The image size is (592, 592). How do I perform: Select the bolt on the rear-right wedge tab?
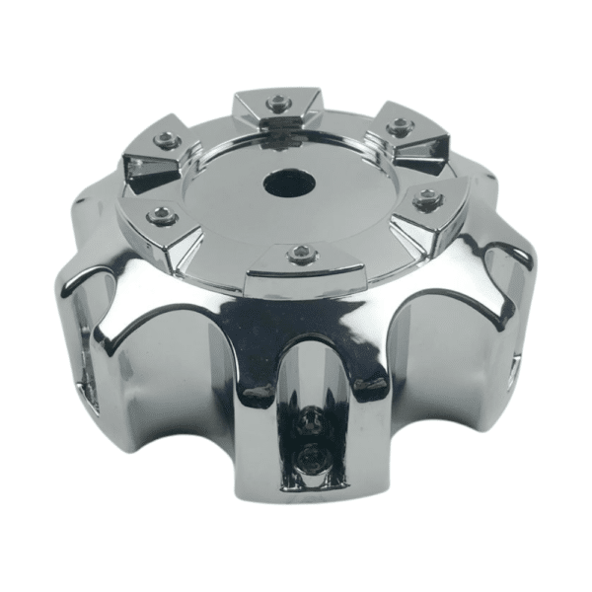[x=399, y=126]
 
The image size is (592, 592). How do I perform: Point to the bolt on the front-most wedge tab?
[x=301, y=256]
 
